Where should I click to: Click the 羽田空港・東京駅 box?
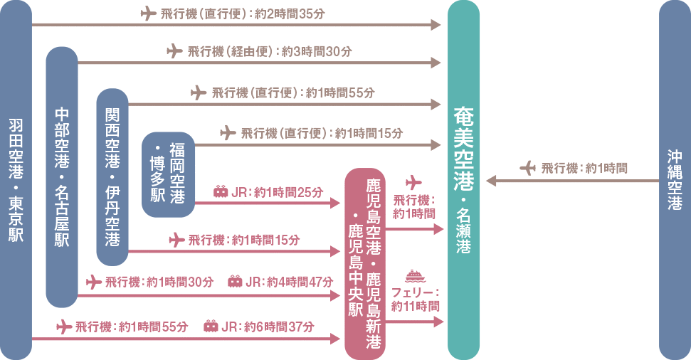tap(16, 180)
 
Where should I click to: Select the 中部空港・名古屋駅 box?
tap(62, 177)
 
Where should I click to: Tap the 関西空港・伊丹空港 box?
tap(112, 176)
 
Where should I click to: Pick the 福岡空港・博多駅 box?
tap(168, 174)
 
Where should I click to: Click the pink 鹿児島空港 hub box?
tap(364, 263)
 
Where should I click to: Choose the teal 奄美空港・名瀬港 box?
tap(463, 180)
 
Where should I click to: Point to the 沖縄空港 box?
tap(675, 180)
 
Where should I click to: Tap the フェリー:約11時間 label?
tap(415, 299)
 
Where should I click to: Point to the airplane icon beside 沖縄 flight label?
tap(527, 168)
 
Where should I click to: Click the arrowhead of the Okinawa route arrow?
tap(490, 181)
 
